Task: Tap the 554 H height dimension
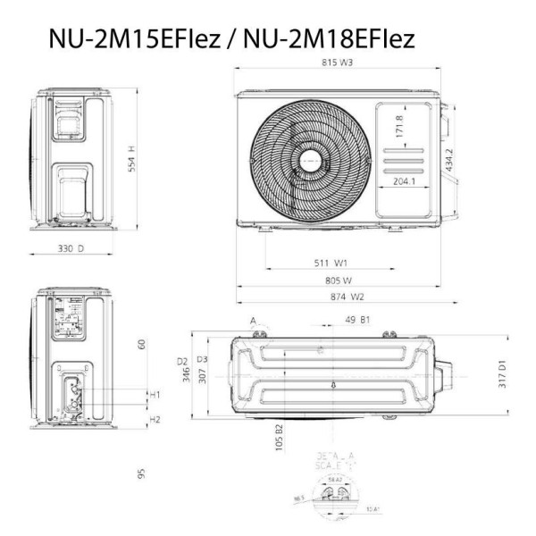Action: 131,160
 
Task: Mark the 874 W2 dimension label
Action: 345,297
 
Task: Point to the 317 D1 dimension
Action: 503,375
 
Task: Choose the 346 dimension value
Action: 187,377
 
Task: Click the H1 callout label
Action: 155,394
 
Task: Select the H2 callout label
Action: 155,419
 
